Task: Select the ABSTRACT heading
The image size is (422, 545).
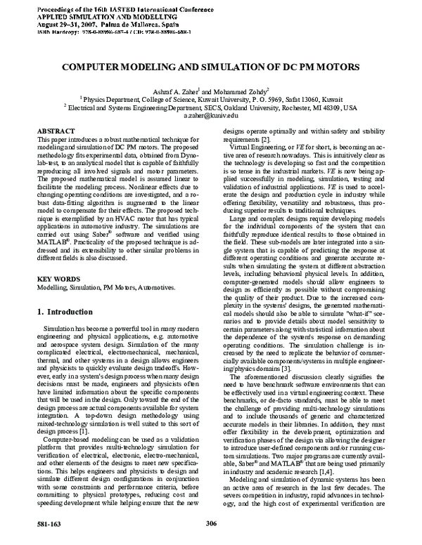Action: tap(55, 131)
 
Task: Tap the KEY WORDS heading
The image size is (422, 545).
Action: tap(57, 298)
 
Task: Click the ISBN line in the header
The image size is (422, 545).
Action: tap(105, 32)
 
